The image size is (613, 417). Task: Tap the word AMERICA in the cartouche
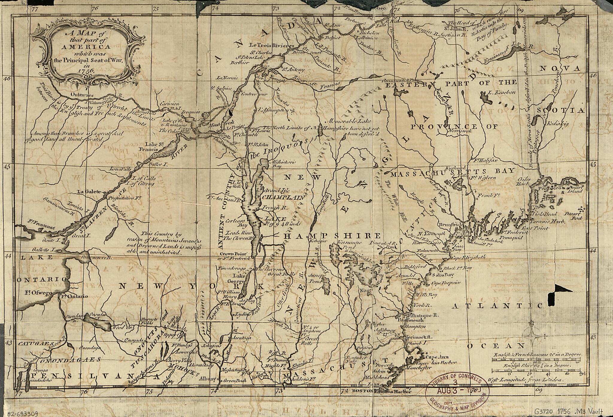point(86,47)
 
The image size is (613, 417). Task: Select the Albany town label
point(209,379)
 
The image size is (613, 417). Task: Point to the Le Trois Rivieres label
point(272,46)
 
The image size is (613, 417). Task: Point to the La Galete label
point(88,192)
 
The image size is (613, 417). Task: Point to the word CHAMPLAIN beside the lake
point(283,198)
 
